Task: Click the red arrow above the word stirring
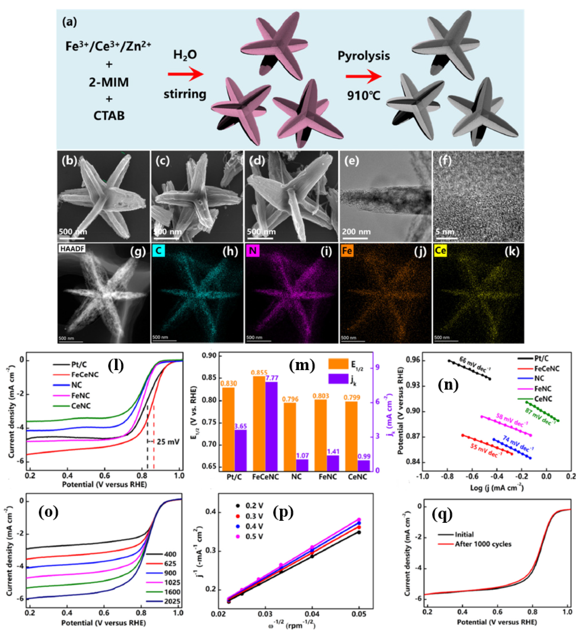[x=185, y=74]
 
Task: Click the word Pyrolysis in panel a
[x=364, y=56]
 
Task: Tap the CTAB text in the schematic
[x=109, y=116]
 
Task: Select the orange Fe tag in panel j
[x=346, y=251]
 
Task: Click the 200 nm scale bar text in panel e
[x=356, y=232]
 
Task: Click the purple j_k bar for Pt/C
[x=240, y=450]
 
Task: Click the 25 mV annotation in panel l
[x=168, y=442]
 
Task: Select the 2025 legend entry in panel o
[x=172, y=601]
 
